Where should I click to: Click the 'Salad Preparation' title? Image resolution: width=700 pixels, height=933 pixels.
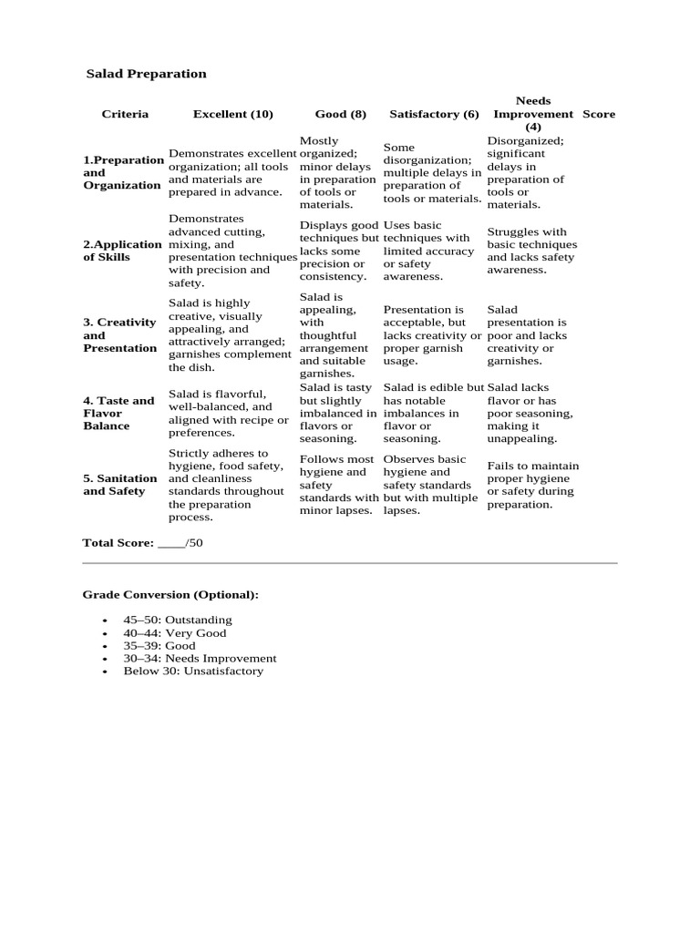[146, 74]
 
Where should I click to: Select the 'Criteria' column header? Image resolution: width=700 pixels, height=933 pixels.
[125, 114]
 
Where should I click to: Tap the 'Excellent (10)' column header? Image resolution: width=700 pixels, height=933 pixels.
[232, 114]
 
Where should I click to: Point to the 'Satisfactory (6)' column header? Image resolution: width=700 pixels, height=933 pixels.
[434, 114]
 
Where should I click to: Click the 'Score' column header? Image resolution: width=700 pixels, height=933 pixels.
[599, 114]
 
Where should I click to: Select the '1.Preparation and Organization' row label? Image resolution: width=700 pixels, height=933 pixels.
[122, 172]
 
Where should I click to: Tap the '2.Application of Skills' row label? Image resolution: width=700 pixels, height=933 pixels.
[122, 251]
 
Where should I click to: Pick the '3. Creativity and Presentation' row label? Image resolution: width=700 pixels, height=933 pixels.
[119, 335]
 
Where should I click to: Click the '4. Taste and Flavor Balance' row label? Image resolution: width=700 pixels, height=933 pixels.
[118, 413]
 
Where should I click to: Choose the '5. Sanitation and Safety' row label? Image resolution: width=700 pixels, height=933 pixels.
[119, 485]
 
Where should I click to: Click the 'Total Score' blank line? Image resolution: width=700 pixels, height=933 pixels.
[171, 543]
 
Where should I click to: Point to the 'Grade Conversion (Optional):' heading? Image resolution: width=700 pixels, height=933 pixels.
[170, 595]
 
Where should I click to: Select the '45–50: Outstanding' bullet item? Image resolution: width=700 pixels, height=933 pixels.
[178, 620]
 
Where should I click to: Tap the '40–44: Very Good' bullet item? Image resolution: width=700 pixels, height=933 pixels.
[175, 632]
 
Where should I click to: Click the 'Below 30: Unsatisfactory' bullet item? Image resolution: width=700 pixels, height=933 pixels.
[193, 671]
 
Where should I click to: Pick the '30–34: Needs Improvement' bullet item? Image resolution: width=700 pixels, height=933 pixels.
[200, 658]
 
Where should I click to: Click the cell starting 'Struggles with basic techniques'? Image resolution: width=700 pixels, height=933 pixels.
[532, 251]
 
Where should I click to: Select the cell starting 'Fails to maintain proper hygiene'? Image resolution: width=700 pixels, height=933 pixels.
[532, 485]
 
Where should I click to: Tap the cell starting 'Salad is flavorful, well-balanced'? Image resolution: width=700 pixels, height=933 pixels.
[221, 413]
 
